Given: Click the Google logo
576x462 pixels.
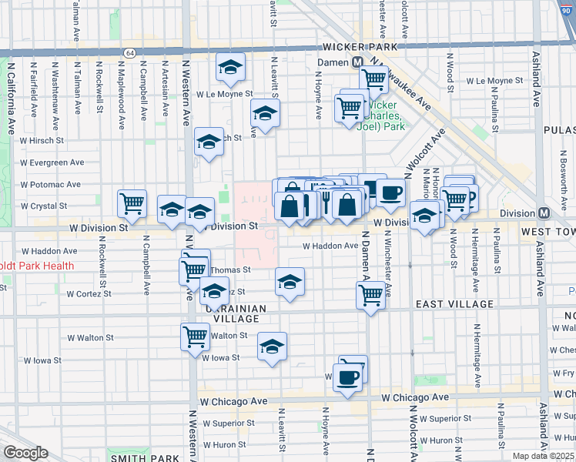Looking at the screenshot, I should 25,453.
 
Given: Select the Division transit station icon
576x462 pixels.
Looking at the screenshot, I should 544,213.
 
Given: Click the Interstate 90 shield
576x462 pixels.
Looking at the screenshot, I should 566,5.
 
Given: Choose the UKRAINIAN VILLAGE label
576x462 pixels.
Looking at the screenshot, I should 235,313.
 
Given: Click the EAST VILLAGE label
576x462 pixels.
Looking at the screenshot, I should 454,304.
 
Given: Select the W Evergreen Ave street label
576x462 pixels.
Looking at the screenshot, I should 52,162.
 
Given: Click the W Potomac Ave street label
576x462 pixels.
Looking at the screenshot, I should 51,185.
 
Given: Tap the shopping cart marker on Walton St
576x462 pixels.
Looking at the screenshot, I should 196,336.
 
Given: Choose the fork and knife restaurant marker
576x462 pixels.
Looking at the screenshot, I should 325,202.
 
